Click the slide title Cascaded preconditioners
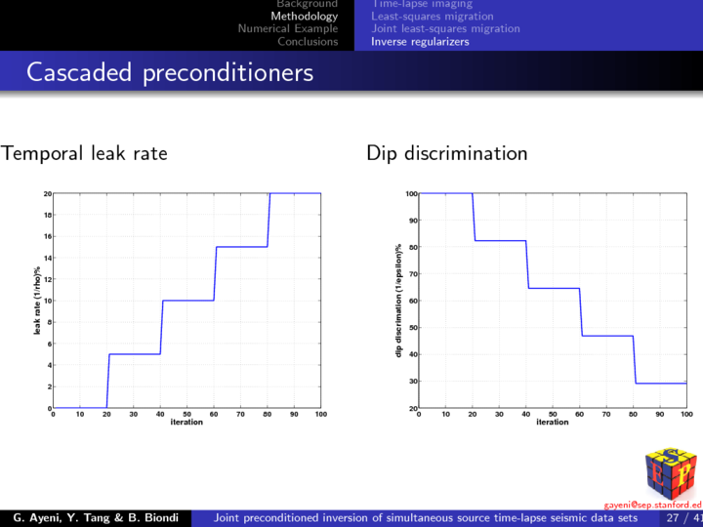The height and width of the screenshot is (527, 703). (x=170, y=73)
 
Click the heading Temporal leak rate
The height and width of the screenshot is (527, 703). (x=84, y=153)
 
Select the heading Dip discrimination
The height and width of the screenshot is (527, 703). (x=447, y=153)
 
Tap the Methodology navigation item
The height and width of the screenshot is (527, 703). (x=305, y=17)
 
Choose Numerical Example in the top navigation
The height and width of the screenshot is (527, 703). (x=288, y=29)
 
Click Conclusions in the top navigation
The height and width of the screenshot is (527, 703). (x=308, y=42)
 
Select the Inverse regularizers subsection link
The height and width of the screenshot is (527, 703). (x=420, y=42)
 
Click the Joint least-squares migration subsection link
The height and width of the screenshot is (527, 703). (x=445, y=29)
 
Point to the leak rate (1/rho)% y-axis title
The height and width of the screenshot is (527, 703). (x=37, y=301)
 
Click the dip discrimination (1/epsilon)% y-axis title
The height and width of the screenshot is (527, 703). (x=398, y=301)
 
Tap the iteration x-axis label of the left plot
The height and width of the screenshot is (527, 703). (x=186, y=423)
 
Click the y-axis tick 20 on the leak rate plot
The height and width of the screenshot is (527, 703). (x=47, y=193)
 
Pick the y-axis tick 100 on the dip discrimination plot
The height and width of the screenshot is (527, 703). (x=411, y=193)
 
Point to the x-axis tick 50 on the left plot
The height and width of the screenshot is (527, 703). (x=186, y=415)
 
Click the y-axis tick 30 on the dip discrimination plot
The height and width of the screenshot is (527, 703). (x=413, y=382)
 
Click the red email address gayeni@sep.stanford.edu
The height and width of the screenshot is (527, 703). (x=653, y=505)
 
